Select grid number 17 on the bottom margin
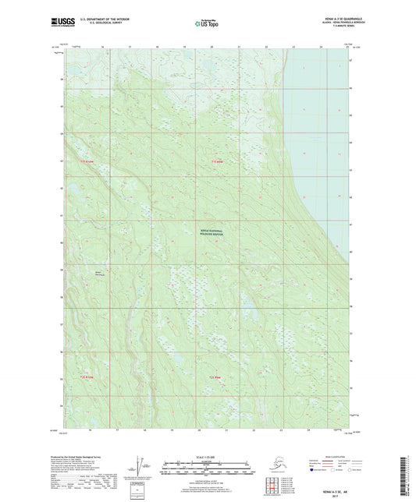(117, 430)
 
